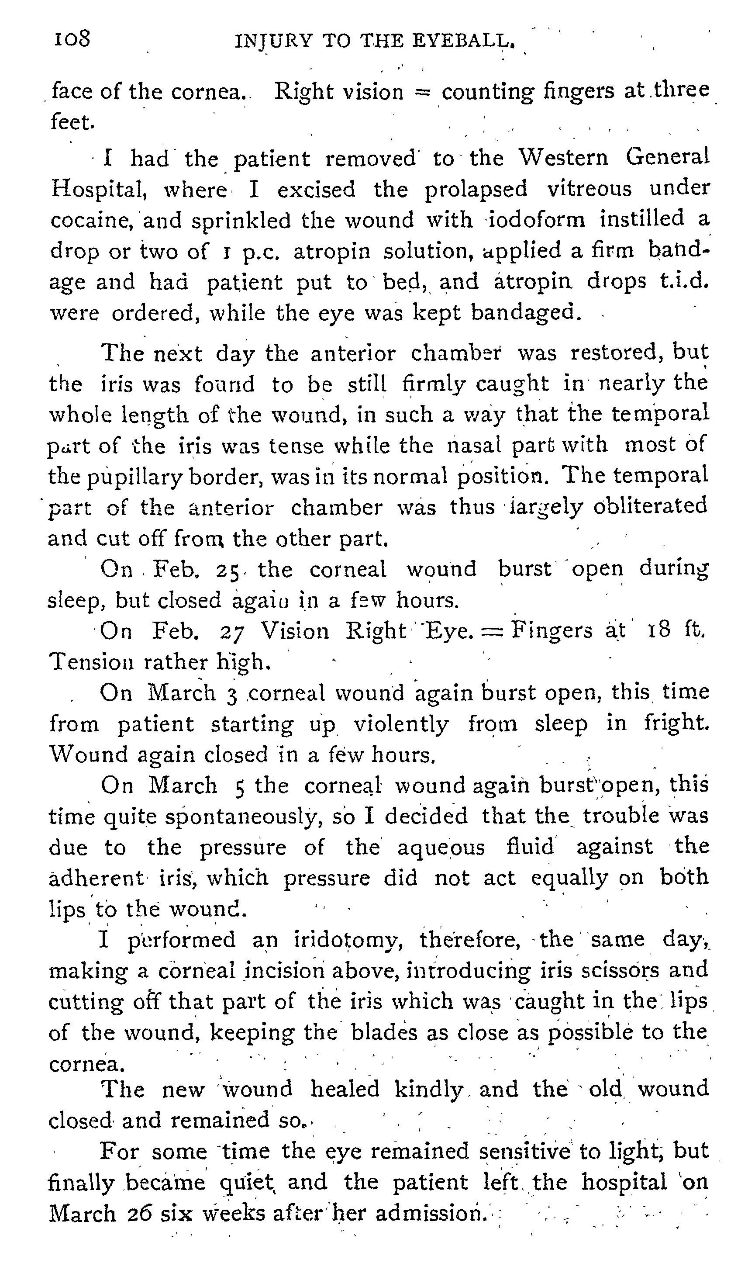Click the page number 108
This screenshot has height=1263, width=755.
pos(72,39)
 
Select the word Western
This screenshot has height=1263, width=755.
pos(563,158)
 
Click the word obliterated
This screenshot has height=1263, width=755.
pos(656,506)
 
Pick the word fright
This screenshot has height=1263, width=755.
pos(677,723)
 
